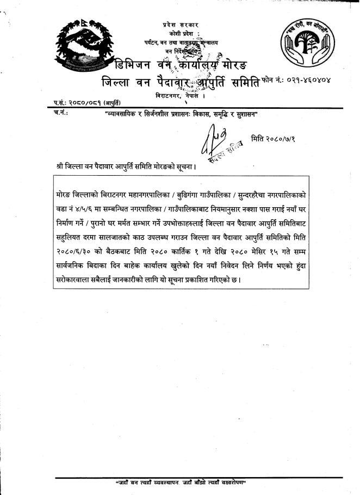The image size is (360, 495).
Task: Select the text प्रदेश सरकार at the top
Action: click(x=181, y=25)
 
